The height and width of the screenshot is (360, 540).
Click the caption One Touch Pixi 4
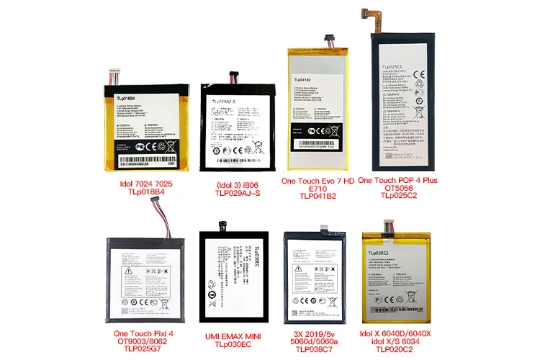149,335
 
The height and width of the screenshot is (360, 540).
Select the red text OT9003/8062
149,343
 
